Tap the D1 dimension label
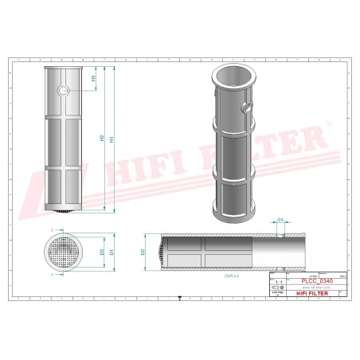pos(112,252)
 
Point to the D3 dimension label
pos(102,252)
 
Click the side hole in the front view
pos(63,92)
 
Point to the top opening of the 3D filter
pos(231,76)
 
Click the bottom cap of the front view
pos(64,209)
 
